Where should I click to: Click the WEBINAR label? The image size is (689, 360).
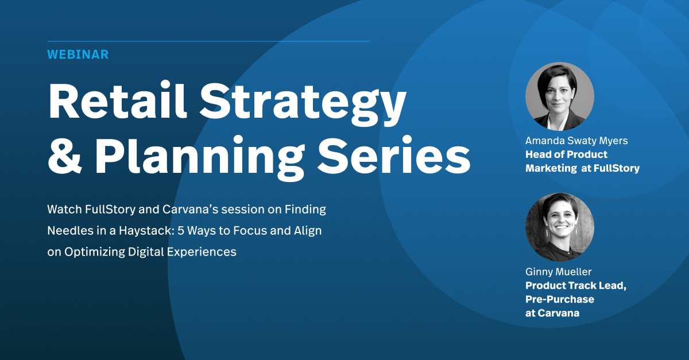[x=78, y=55]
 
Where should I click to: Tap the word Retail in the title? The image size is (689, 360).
[x=118, y=100]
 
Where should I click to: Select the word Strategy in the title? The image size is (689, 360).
[x=303, y=104]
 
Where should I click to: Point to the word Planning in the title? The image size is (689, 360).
[x=200, y=157]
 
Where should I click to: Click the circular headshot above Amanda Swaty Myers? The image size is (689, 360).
[x=560, y=96]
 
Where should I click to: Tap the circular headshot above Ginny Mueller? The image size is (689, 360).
[x=560, y=227]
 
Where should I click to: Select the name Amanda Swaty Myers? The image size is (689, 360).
[x=576, y=141]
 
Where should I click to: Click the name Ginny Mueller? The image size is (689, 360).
[x=558, y=272]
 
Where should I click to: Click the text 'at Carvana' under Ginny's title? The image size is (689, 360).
[x=552, y=313]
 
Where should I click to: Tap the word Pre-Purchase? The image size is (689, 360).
[x=560, y=299]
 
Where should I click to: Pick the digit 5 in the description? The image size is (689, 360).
[x=180, y=230]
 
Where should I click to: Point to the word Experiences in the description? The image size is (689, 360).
[x=202, y=252]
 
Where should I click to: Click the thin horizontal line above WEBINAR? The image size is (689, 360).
[x=209, y=41]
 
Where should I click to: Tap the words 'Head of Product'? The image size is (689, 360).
[x=566, y=154]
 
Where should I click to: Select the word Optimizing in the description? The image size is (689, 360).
[x=94, y=252]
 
